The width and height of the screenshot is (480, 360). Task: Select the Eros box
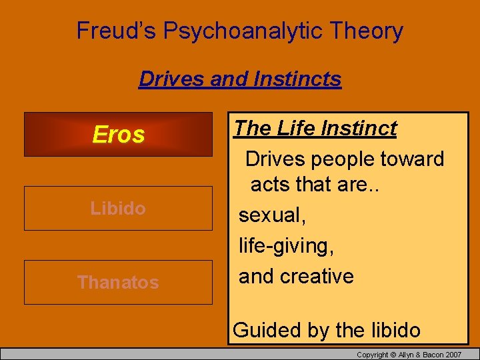[x=118, y=135]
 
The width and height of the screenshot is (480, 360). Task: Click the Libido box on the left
[x=118, y=209]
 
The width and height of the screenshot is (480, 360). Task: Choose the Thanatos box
[x=118, y=282]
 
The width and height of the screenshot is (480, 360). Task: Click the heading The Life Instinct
[x=315, y=128]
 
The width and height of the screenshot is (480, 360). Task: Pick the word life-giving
[x=286, y=246]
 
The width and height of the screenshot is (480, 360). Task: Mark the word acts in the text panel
[x=269, y=184]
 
